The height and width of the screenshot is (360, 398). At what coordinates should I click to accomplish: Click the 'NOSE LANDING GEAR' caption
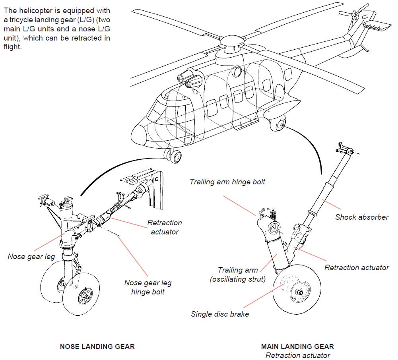97,346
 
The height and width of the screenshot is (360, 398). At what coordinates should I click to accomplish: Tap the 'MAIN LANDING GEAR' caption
297,346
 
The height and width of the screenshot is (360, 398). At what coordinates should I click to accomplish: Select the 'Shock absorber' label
361,217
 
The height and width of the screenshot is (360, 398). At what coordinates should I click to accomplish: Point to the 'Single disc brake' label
220,314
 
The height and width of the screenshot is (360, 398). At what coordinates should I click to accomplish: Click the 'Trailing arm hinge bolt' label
227,182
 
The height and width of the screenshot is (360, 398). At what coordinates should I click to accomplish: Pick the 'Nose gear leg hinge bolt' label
148,287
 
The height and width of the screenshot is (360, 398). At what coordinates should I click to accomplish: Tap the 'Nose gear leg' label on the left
31,257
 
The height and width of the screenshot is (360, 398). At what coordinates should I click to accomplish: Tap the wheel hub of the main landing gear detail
299,292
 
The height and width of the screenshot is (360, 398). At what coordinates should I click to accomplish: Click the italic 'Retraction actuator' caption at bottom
297,355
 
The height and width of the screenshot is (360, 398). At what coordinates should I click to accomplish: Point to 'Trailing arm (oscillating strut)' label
238,275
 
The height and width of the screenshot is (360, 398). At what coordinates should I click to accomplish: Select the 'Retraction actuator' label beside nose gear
164,227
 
